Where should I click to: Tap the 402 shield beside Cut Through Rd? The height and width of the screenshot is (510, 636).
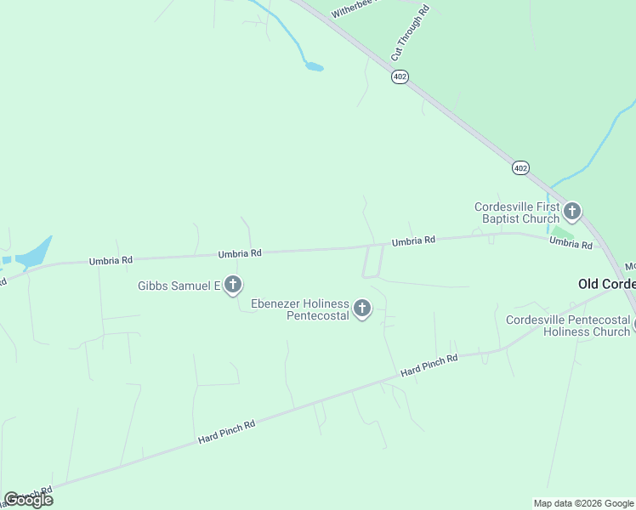click(400, 76)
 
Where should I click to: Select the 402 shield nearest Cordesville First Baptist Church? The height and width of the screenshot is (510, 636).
click(520, 167)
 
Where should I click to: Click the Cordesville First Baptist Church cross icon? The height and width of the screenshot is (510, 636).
click(572, 211)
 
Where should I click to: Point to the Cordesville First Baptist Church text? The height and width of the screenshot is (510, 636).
click(517, 212)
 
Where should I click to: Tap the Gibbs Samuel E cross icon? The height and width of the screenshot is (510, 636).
click(232, 286)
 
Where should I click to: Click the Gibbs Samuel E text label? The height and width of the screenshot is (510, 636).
click(179, 286)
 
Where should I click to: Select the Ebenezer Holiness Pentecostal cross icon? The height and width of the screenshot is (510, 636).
click(362, 309)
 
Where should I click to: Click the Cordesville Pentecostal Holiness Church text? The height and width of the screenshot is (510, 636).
click(568, 326)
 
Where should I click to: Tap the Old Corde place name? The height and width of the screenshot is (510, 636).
click(606, 283)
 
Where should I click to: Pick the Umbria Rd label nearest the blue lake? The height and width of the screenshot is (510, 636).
click(111, 261)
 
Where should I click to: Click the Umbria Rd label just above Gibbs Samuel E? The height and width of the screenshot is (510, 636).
click(239, 252)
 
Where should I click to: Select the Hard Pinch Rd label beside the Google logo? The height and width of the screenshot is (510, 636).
click(30, 494)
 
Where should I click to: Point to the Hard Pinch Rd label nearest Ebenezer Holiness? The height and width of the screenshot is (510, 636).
click(429, 365)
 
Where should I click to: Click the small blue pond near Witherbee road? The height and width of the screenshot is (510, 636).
click(314, 66)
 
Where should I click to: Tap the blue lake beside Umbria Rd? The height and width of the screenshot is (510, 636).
click(31, 254)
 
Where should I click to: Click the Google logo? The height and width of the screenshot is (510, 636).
click(29, 500)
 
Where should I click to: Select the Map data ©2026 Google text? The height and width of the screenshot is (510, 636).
click(583, 503)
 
